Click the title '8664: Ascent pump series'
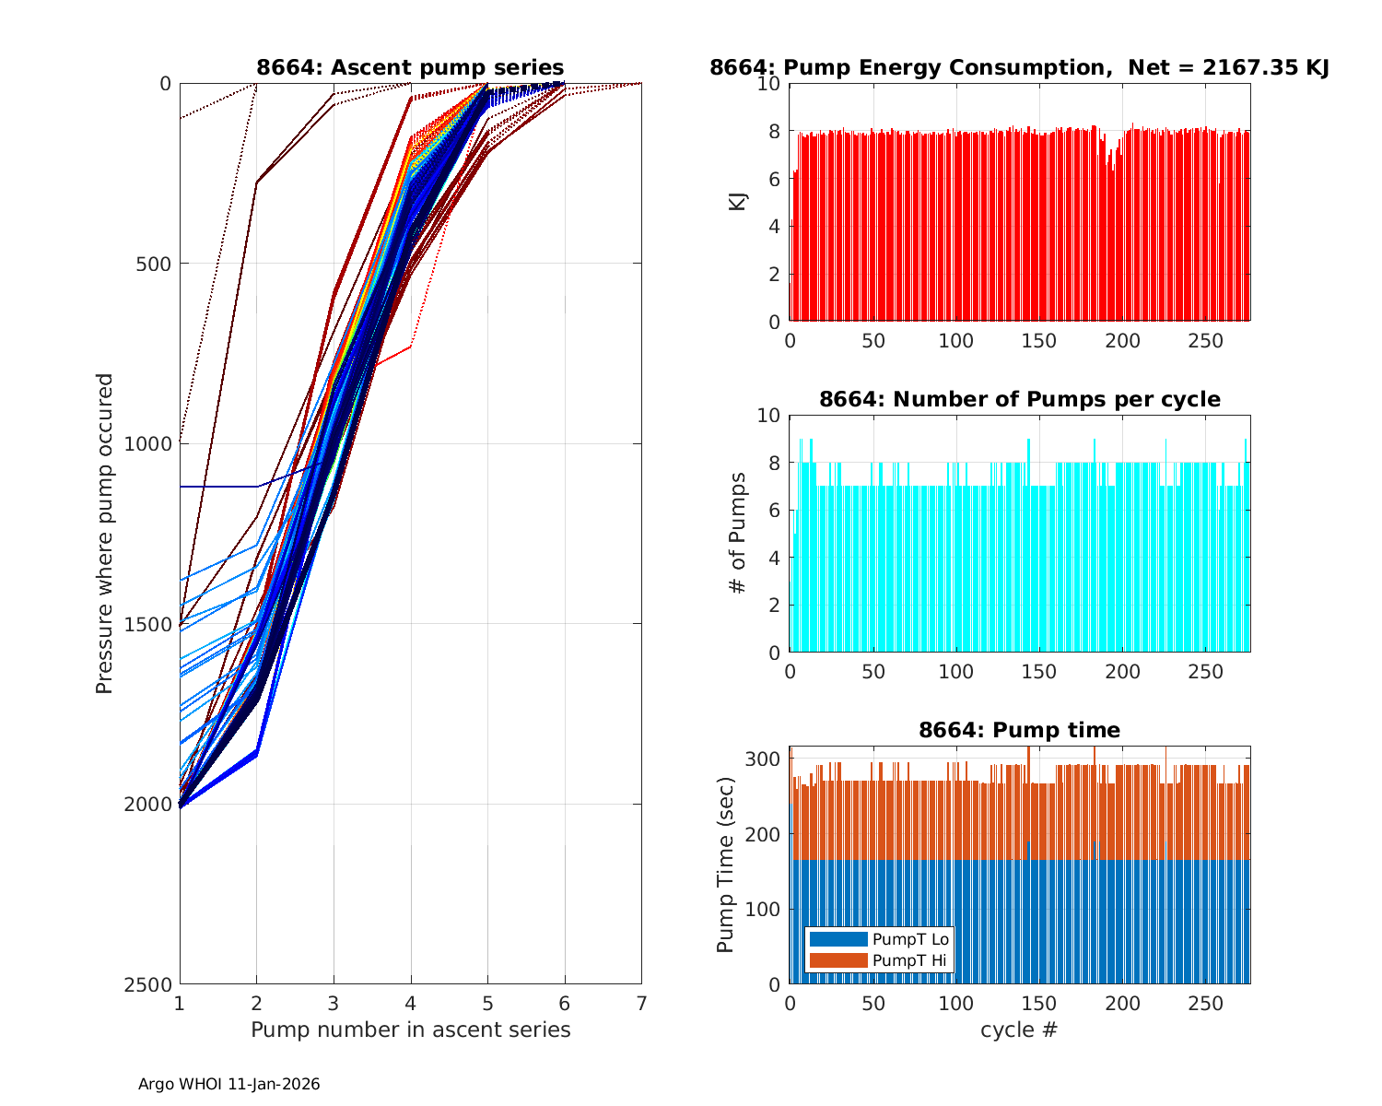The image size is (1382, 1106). point(410,67)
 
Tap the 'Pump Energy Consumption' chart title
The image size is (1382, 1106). point(1019,67)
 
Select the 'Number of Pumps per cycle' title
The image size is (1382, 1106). point(1019,399)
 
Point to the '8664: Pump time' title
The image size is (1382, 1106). point(1019,730)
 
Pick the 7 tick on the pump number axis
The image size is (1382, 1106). point(641,1003)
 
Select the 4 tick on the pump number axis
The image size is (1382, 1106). point(411,1003)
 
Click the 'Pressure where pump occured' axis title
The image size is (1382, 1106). point(105,534)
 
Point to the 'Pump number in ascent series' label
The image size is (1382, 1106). point(411,1030)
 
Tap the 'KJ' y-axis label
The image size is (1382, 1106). point(738,202)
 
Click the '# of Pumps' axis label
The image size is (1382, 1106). point(738,534)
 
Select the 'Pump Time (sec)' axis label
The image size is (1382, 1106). point(726,865)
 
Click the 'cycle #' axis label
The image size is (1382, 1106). point(1019,1030)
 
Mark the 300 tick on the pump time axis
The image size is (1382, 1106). point(767,759)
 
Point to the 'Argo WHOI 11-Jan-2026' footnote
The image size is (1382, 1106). point(229,1084)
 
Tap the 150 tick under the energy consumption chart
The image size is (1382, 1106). point(1039,340)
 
